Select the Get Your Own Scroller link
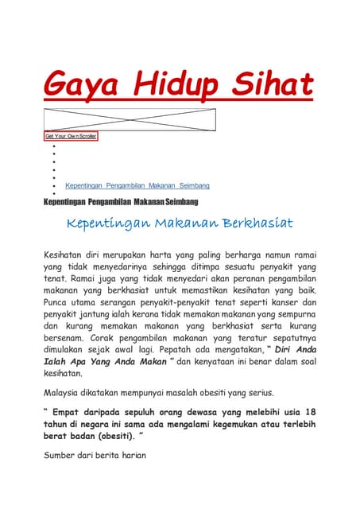71,136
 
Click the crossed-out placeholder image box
130,119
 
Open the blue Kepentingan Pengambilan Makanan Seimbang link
137,185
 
